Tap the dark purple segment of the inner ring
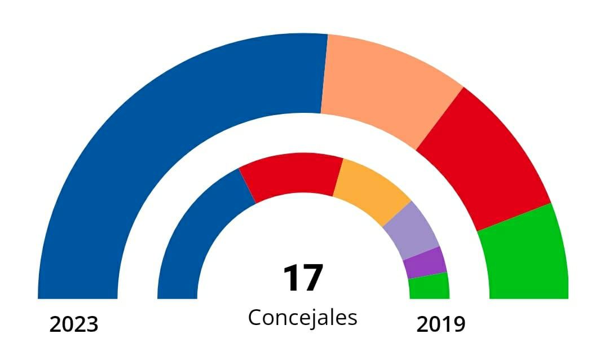(426, 262)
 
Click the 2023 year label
(74, 325)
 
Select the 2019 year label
(441, 325)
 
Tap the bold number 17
(303, 279)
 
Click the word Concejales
(303, 318)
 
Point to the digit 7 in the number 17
(312, 279)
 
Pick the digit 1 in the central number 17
(292, 279)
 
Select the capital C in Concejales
(254, 317)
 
